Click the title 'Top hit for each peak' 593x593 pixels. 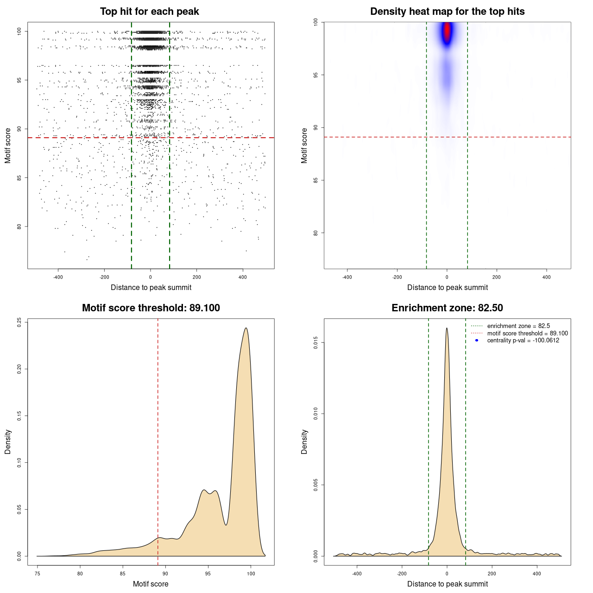point(149,12)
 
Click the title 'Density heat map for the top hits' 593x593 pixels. point(447,12)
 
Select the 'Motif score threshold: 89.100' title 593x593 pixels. point(151,308)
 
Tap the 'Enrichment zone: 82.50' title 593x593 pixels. point(447,308)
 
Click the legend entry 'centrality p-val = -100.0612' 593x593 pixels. point(523,341)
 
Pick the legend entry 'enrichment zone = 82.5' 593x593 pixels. point(518,326)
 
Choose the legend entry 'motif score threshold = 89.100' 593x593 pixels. point(527,334)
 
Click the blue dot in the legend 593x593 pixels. point(477,341)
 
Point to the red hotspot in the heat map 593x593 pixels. point(447,32)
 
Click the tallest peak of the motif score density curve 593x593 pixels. point(246,328)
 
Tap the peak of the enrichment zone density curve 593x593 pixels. point(447,328)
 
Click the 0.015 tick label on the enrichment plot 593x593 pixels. point(315,343)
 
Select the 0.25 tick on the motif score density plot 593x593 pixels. point(19,322)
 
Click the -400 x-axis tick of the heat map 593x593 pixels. point(347,277)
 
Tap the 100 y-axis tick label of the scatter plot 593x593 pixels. point(19,31)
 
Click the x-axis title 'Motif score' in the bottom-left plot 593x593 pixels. point(151,584)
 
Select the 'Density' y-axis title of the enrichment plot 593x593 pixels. point(304,442)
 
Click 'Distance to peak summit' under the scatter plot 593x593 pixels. point(151,287)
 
